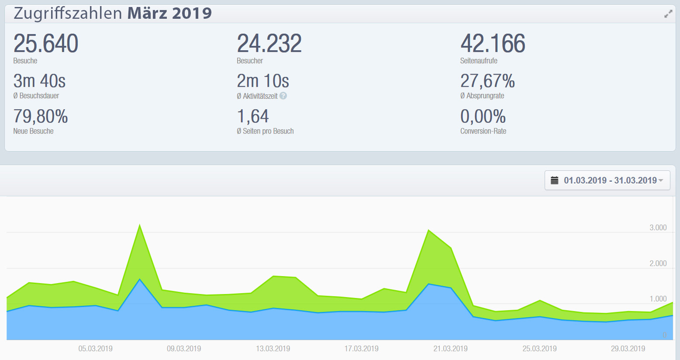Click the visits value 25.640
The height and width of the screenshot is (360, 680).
[46, 44]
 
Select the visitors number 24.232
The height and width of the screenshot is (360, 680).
[269, 44]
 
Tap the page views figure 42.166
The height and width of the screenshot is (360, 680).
[493, 44]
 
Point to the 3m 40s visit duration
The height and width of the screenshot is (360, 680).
[39, 81]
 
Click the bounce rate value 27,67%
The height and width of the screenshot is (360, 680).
[487, 81]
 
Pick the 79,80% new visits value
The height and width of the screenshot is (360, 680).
[41, 117]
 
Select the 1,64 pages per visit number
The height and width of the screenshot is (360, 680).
[253, 117]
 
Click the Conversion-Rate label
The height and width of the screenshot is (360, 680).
[483, 131]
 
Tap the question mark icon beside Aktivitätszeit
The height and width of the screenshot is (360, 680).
[283, 96]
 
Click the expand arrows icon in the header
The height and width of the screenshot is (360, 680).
[668, 14]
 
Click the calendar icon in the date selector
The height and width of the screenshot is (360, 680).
[555, 180]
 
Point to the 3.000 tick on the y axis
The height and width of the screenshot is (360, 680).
[658, 228]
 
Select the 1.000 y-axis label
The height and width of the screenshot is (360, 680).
[658, 299]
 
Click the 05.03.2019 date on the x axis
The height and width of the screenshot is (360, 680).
[95, 349]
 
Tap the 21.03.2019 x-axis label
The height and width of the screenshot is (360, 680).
[450, 349]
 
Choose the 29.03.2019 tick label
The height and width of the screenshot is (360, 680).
[628, 349]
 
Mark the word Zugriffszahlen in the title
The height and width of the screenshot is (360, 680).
[68, 13]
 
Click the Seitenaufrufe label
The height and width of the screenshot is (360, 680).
[479, 61]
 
